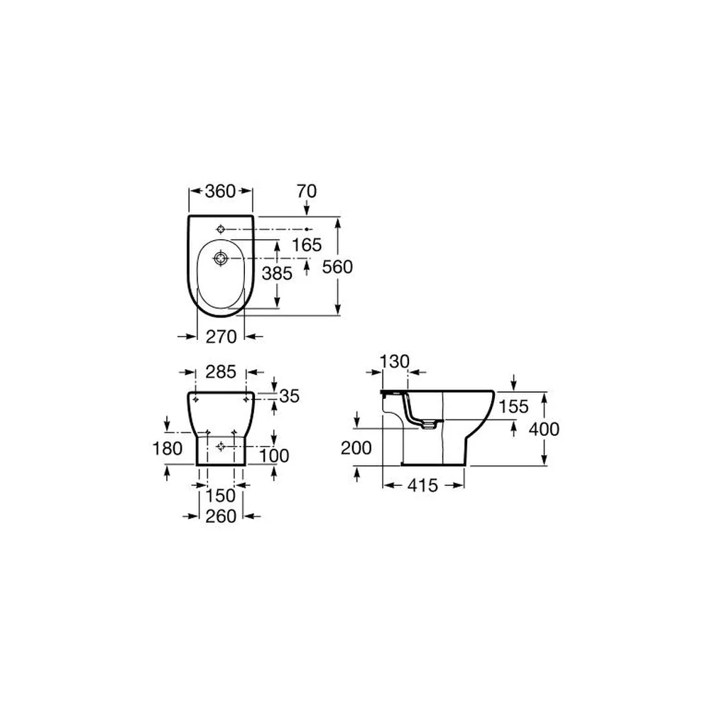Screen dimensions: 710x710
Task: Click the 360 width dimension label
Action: (221, 191)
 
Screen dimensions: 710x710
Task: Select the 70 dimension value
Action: (307, 191)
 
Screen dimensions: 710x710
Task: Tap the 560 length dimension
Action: (337, 267)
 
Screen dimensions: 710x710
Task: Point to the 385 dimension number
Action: (277, 273)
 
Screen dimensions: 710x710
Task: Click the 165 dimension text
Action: (307, 245)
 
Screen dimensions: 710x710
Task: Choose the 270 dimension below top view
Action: (221, 337)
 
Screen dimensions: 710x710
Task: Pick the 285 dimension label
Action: (221, 372)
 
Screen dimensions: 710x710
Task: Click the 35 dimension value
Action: (290, 396)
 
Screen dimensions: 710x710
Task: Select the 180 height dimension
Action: (168, 449)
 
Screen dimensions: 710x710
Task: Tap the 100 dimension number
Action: (274, 456)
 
